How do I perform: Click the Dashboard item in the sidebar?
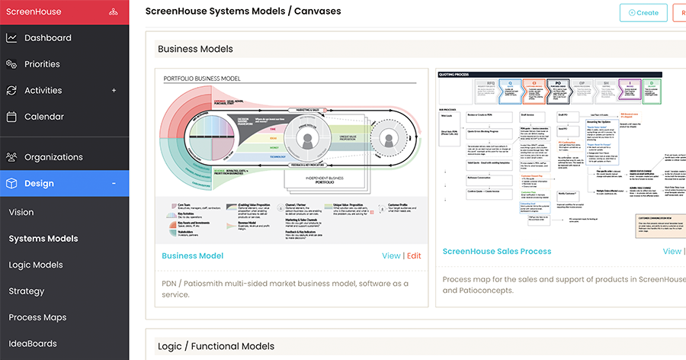click(47, 38)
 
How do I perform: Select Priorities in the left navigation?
click(42, 64)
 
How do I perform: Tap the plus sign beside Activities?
click(114, 91)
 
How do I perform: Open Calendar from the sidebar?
click(43, 117)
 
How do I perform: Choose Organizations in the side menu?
click(53, 157)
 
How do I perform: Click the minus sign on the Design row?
click(114, 184)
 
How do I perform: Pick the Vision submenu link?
click(21, 212)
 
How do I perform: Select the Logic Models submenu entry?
click(36, 265)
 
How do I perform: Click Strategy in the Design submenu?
click(27, 291)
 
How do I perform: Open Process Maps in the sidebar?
click(37, 317)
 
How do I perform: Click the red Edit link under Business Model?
click(414, 256)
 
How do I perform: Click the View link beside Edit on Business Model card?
click(391, 256)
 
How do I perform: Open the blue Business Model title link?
click(193, 256)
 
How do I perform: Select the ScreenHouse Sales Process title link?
click(497, 251)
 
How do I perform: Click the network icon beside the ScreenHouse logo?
click(114, 12)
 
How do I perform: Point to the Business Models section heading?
click(195, 49)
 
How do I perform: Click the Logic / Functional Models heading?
click(216, 346)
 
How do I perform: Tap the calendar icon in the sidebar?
click(11, 117)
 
